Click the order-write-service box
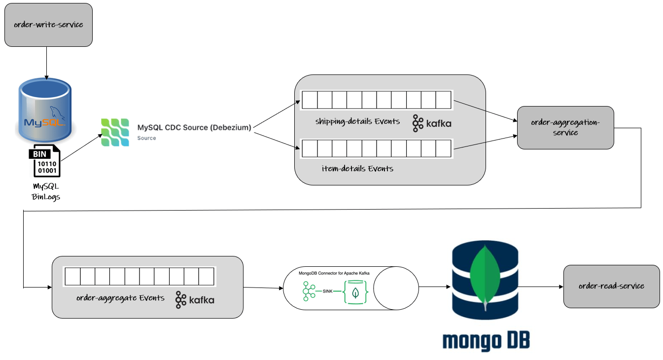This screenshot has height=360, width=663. (48, 25)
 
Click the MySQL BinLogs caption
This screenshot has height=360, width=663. (45, 191)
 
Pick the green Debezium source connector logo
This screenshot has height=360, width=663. (115, 132)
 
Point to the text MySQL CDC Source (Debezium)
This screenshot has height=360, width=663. (194, 128)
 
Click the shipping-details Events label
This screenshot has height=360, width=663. (357, 121)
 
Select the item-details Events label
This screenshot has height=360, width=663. (357, 169)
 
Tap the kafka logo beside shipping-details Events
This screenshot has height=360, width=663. (432, 124)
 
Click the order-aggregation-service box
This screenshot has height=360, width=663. (565, 128)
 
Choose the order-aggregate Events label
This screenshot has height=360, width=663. (120, 298)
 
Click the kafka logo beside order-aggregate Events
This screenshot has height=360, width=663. (195, 299)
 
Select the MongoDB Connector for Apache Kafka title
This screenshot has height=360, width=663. (334, 273)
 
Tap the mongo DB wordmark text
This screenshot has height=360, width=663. (486, 340)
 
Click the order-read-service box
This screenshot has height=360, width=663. (611, 286)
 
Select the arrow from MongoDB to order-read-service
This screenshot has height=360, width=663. (540, 287)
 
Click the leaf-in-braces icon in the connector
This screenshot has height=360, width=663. (355, 292)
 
